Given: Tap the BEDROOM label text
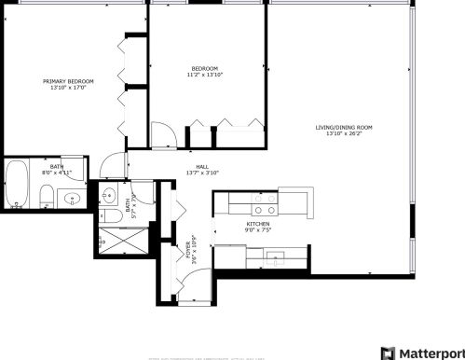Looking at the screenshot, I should tap(205, 68).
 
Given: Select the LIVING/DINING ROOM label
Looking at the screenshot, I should tap(343, 128).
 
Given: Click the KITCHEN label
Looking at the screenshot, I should tap(258, 225).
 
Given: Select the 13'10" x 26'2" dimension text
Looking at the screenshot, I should tap(343, 134).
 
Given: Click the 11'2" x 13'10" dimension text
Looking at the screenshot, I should tap(205, 75).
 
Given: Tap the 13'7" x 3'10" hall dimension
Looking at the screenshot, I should tap(201, 172).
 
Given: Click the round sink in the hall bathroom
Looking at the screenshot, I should tap(109, 196).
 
